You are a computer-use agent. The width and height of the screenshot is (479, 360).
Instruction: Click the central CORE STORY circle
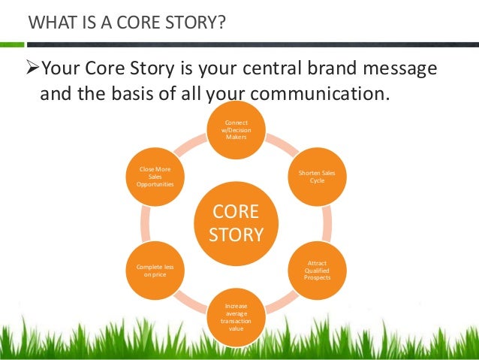[236, 222]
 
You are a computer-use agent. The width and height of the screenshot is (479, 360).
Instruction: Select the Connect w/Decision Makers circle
[236, 129]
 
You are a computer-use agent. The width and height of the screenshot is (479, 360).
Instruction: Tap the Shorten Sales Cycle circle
[317, 176]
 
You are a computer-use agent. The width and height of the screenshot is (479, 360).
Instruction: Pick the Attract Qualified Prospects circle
[317, 269]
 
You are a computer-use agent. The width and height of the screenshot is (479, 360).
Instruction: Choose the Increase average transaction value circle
[236, 316]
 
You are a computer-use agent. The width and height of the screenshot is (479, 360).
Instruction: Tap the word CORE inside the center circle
[236, 211]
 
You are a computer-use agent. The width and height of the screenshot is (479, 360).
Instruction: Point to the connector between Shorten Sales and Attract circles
[326, 222]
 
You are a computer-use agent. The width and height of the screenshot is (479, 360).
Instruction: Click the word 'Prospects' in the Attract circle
[317, 277]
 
